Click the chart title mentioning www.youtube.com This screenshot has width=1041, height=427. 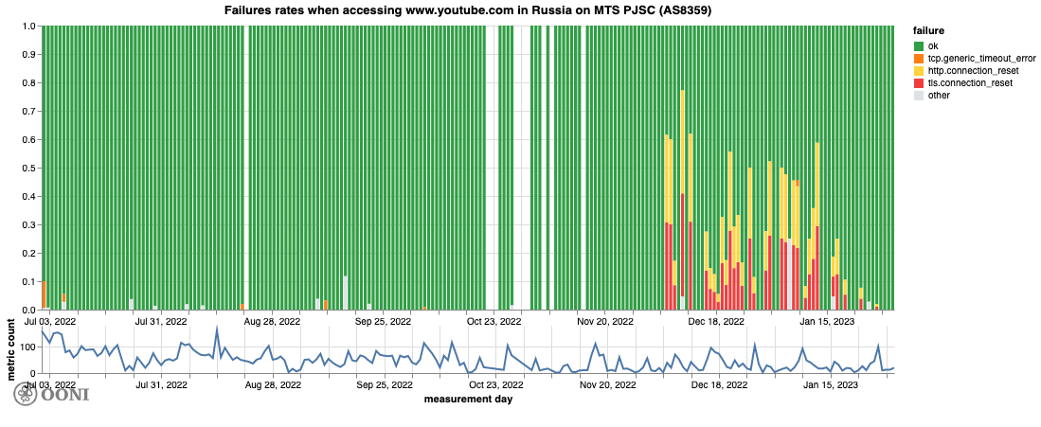[x=467, y=10]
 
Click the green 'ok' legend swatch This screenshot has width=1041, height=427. [x=919, y=45]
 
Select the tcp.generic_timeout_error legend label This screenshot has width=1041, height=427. [x=975, y=58]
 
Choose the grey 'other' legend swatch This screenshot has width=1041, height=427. [x=919, y=96]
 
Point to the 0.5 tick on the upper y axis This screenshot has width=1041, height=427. [x=28, y=169]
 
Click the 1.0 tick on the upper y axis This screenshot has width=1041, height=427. [x=28, y=27]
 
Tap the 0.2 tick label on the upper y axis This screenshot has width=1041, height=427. [x=28, y=254]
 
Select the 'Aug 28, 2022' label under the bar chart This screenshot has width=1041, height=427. [x=273, y=321]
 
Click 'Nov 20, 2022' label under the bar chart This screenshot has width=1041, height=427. [x=606, y=321]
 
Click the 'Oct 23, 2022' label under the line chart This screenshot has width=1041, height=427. [x=495, y=385]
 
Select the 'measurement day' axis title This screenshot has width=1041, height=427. [x=467, y=399]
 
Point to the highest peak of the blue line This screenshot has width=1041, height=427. [x=217, y=329]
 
